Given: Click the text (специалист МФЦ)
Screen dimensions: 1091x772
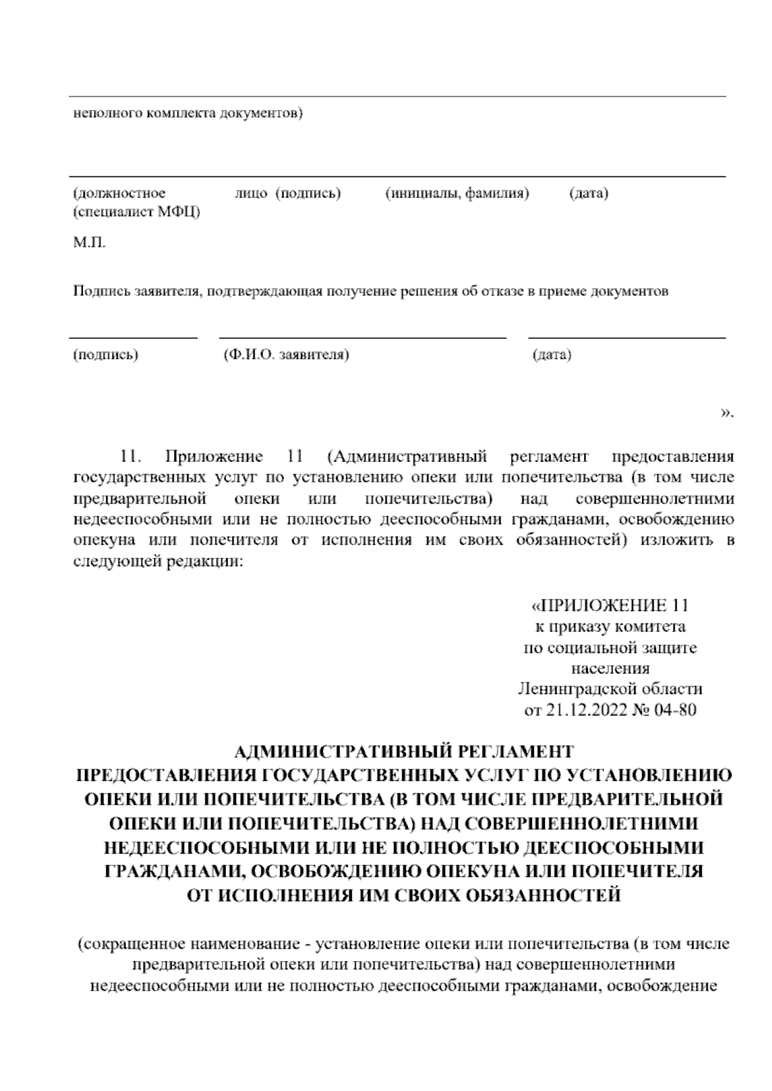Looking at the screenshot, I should coord(136,212).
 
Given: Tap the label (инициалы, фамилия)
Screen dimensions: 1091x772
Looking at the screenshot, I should coord(457,193).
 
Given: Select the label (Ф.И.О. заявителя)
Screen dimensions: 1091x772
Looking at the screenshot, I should coord(286,354).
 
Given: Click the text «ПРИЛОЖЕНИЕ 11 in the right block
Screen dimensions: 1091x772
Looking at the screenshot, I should coord(609,606).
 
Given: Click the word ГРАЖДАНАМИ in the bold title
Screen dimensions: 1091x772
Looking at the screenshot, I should coord(172,871).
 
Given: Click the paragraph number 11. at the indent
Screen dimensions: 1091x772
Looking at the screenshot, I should coord(131,457).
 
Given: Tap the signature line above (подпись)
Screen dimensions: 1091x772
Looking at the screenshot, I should coord(133,338).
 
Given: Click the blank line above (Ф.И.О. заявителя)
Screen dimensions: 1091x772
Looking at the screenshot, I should coord(362,338).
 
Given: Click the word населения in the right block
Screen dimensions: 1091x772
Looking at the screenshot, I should coord(610,668).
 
